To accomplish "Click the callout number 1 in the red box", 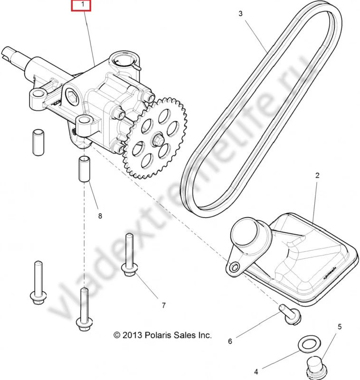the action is click(83, 4).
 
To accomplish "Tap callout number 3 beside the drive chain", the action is click(240, 14).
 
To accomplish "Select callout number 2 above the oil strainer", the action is click(317, 175).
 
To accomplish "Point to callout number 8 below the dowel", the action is click(100, 216).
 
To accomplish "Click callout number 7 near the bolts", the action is click(164, 305).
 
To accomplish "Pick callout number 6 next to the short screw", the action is click(230, 341).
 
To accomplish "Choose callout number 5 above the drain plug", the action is click(340, 327).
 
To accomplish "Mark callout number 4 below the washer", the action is click(256, 371).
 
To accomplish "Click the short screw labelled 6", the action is click(290, 314).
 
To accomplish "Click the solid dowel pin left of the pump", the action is click(38, 142).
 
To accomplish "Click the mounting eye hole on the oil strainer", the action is click(235, 267).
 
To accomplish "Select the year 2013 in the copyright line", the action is click(132, 335).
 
